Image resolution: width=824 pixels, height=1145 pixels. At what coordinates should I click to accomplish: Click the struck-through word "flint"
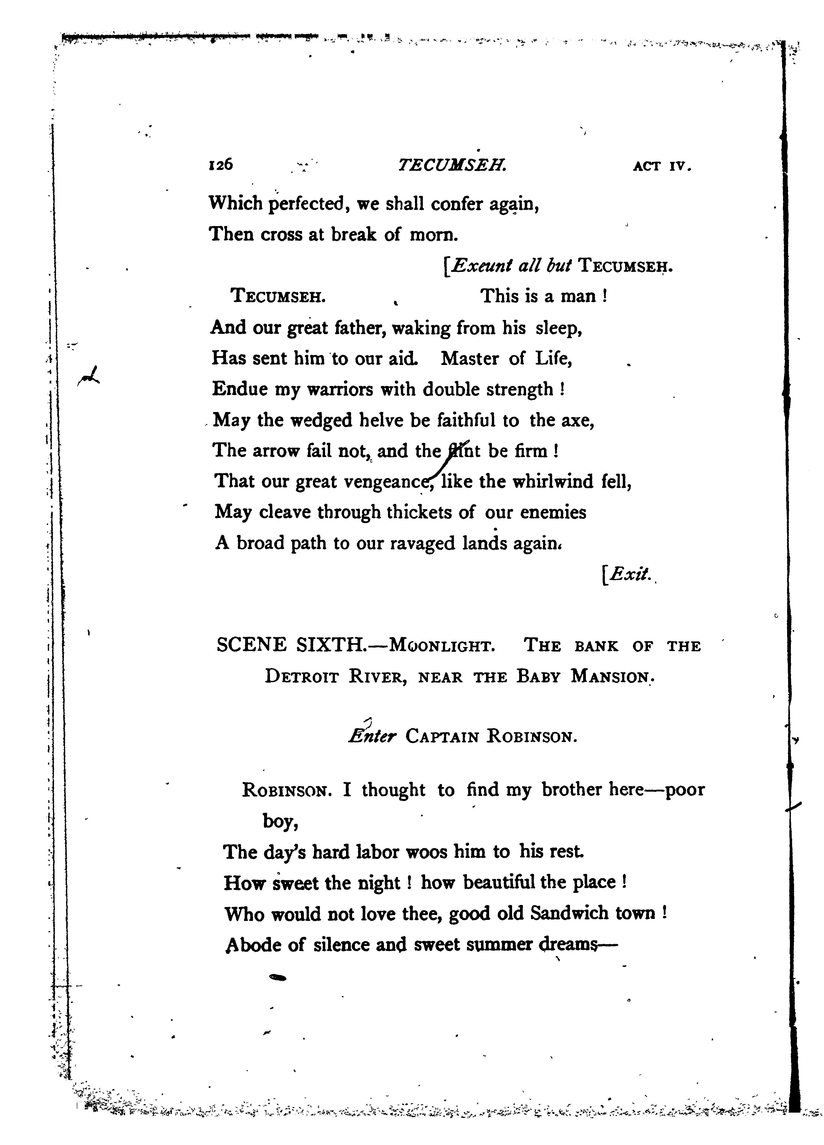click(x=463, y=450)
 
